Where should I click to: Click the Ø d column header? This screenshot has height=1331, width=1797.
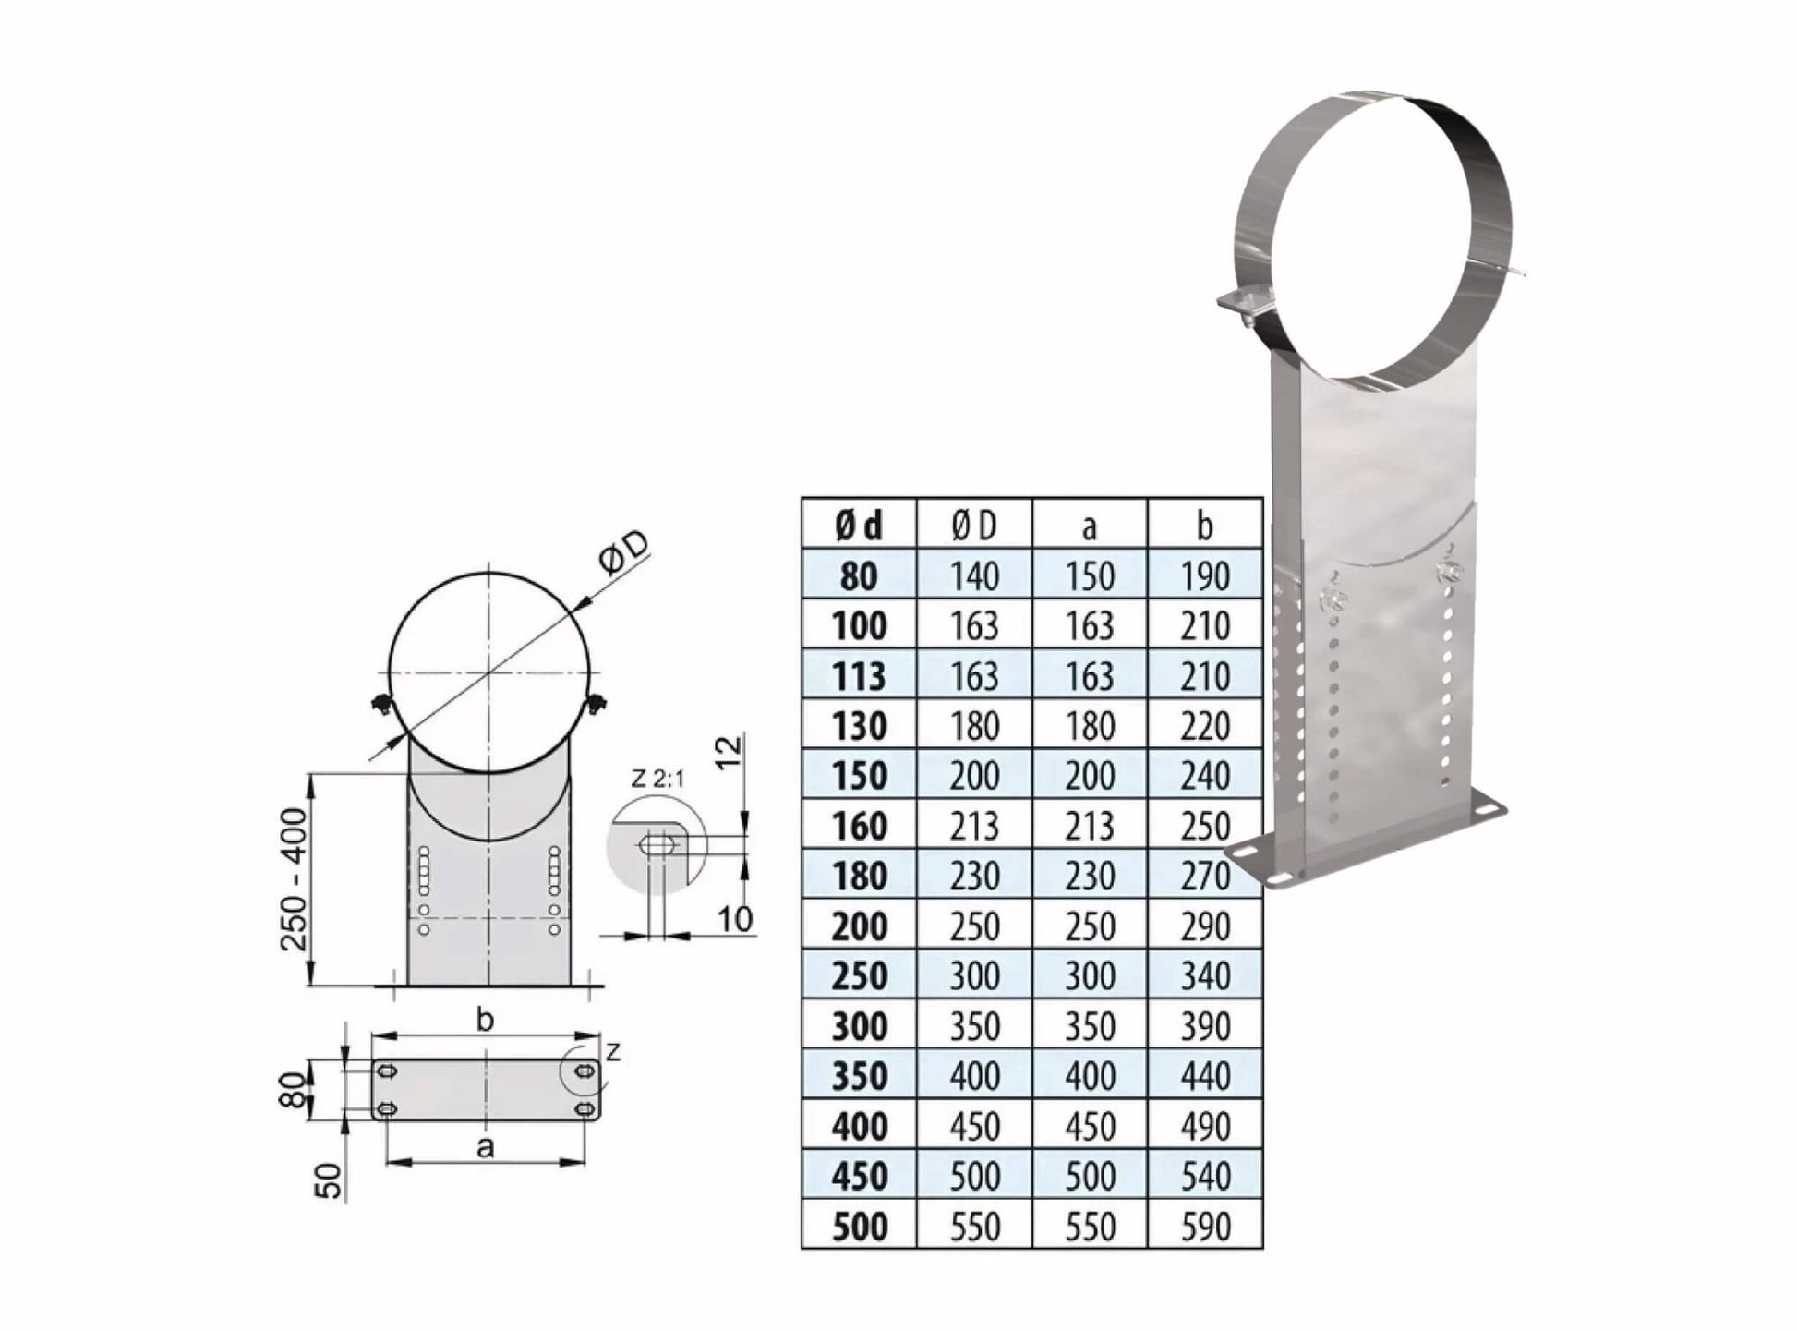pyautogui.click(x=858, y=526)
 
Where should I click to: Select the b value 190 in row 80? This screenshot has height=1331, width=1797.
pyautogui.click(x=1204, y=576)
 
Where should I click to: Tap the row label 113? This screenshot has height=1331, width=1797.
pyautogui.click(x=858, y=676)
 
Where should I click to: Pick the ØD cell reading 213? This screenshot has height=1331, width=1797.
pyautogui.click(x=974, y=826)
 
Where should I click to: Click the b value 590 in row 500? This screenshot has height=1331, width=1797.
pyautogui.click(x=1204, y=1227)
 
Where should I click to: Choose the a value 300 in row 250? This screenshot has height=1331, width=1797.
pyautogui.click(x=1090, y=976)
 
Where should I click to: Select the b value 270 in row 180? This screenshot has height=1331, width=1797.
pyautogui.click(x=1204, y=876)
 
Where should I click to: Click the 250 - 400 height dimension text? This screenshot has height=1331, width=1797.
pyautogui.click(x=294, y=879)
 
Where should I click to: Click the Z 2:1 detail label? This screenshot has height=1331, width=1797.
pyautogui.click(x=657, y=779)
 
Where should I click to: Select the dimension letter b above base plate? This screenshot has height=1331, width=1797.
pyautogui.click(x=485, y=1021)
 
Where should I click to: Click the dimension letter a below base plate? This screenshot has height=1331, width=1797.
pyautogui.click(x=485, y=1148)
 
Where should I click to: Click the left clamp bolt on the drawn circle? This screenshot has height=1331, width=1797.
pyautogui.click(x=380, y=707)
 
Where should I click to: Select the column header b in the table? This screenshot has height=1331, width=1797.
pyautogui.click(x=1204, y=526)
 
